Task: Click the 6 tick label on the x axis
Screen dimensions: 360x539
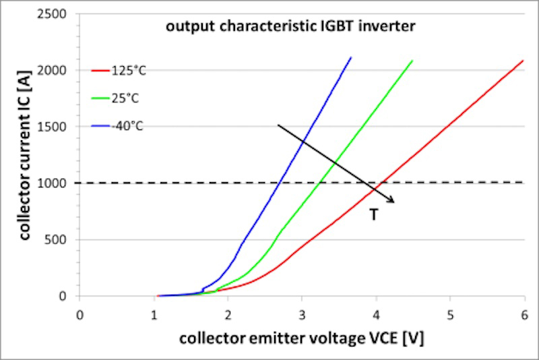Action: [524, 314]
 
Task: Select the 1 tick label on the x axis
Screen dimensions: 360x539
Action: [154, 314]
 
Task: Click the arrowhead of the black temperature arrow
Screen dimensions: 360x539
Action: [393, 200]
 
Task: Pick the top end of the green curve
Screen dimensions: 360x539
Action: [412, 61]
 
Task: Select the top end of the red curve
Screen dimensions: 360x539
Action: [524, 61]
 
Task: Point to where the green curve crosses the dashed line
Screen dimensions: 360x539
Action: [319, 183]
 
